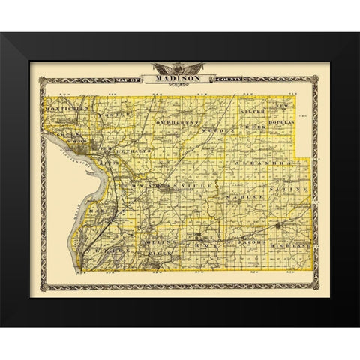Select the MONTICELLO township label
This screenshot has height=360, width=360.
pyautogui.click(x=72, y=108)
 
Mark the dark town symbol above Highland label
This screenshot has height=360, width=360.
pyautogui.click(x=278, y=224)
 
